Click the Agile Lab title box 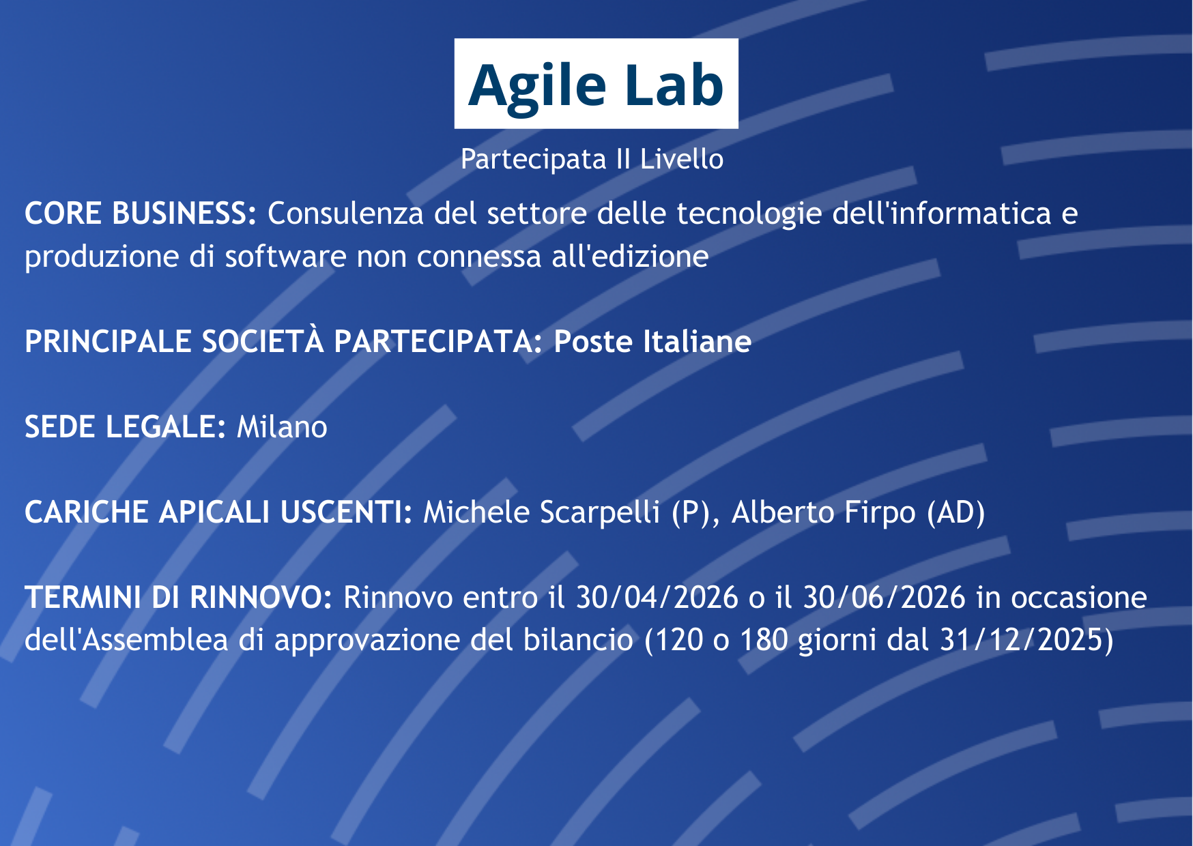pyautogui.click(x=596, y=83)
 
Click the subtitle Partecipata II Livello pyautogui.click(x=592, y=160)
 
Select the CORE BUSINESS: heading pyautogui.click(x=141, y=214)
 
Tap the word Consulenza pyautogui.click(x=346, y=214)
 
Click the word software pyautogui.click(x=285, y=257)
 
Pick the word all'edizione pyautogui.click(x=630, y=257)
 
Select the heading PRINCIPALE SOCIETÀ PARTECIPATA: pyautogui.click(x=283, y=341)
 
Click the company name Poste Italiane pyautogui.click(x=652, y=342)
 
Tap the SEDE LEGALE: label pyautogui.click(x=125, y=427)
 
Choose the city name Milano pyautogui.click(x=282, y=427)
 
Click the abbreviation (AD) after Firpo pyautogui.click(x=955, y=513)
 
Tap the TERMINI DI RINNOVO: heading pyautogui.click(x=178, y=598)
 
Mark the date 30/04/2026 pyautogui.click(x=657, y=598)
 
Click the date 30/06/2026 pyautogui.click(x=884, y=598)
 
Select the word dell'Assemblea pyautogui.click(x=126, y=641)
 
